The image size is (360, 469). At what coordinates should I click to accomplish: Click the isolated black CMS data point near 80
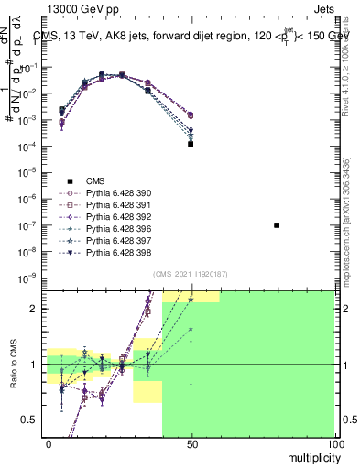click(277, 224)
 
